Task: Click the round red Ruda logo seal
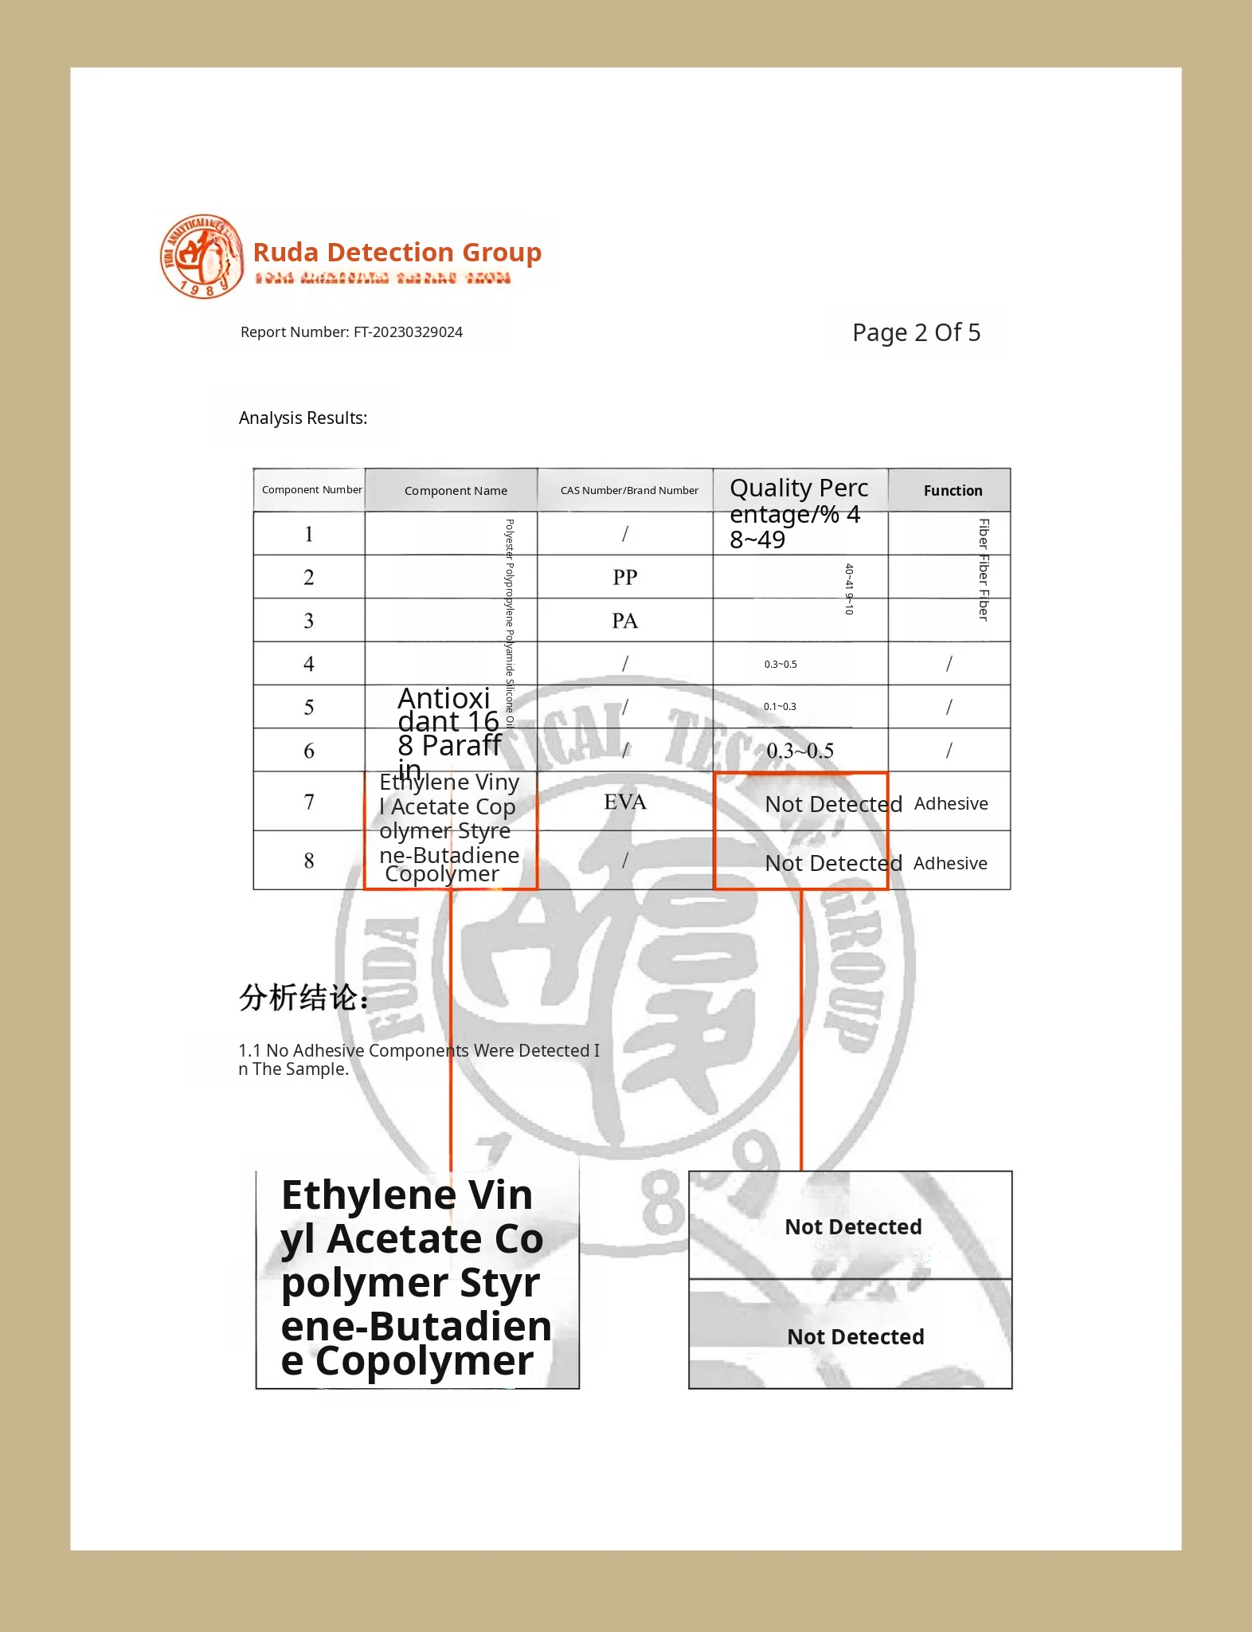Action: point(201,257)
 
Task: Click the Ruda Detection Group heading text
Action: point(397,252)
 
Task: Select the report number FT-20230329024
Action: point(351,332)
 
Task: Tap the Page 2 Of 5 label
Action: point(916,332)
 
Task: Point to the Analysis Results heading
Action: point(303,418)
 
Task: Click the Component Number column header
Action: point(311,490)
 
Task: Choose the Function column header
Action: point(953,491)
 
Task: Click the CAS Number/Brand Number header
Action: point(628,491)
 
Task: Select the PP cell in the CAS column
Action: point(625,577)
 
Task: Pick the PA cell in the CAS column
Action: point(625,621)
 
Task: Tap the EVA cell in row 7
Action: point(625,802)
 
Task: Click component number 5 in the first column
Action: point(309,708)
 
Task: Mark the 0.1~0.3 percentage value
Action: point(780,707)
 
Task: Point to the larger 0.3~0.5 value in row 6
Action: point(800,751)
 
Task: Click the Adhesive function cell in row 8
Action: point(950,864)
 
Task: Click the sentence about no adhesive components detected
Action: point(418,1059)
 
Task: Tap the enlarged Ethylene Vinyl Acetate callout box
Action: point(417,1280)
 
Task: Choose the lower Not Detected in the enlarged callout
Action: point(855,1336)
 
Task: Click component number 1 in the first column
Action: point(309,534)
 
